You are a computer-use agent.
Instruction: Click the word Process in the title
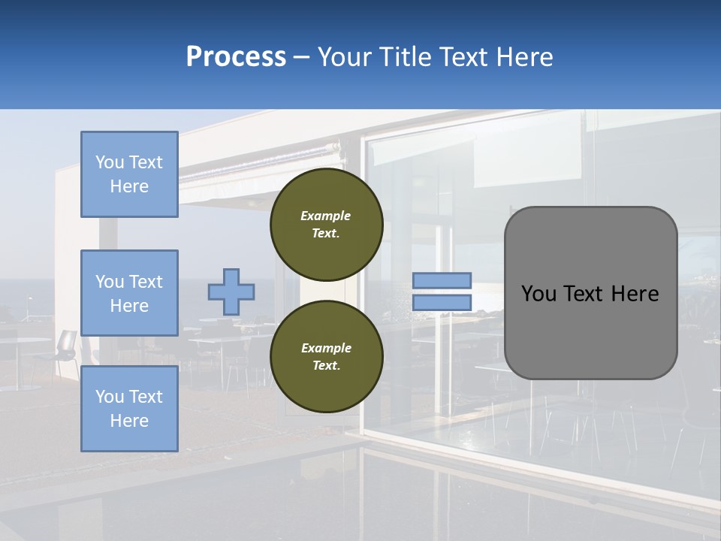click(236, 57)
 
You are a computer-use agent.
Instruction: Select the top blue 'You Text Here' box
click(129, 174)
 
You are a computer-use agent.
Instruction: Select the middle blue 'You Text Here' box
click(129, 293)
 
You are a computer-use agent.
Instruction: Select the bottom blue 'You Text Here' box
click(129, 409)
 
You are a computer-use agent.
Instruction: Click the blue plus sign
click(231, 292)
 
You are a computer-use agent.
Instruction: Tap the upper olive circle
click(326, 225)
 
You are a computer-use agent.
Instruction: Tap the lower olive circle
click(326, 357)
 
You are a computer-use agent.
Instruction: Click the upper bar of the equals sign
click(442, 280)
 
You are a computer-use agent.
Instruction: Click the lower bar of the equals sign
click(442, 303)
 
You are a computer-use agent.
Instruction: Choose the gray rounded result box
click(590, 331)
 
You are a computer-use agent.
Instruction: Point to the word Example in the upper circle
click(325, 216)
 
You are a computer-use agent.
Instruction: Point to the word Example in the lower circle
click(325, 348)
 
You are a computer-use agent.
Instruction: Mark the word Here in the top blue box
click(129, 186)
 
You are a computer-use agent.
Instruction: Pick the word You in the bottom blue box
click(108, 397)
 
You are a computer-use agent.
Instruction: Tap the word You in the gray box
click(538, 294)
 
